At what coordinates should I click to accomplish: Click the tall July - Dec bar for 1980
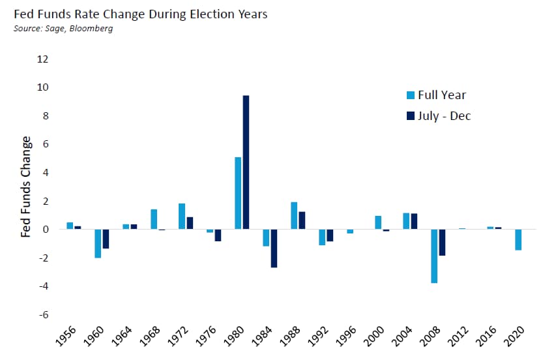[x=246, y=162]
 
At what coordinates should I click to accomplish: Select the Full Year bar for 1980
[x=238, y=193]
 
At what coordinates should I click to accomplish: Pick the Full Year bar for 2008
[x=433, y=256]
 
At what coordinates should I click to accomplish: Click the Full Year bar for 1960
[x=98, y=243]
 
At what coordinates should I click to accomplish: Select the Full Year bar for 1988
[x=294, y=215]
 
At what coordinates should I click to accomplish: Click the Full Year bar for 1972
[x=182, y=216]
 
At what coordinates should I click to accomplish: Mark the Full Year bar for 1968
[x=154, y=219]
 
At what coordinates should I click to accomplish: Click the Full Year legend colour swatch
[x=410, y=95]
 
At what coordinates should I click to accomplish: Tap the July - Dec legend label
[x=444, y=115]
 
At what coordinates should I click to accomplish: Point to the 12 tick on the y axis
[x=44, y=59]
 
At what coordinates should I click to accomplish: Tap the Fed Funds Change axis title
[x=26, y=187]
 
